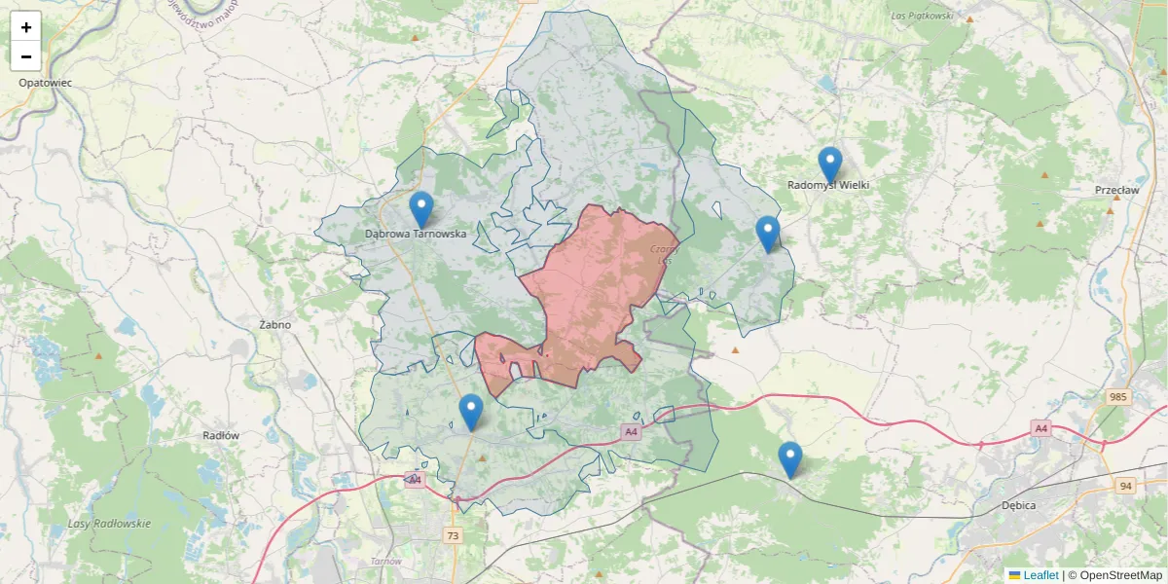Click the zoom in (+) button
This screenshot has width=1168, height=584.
click(26, 26)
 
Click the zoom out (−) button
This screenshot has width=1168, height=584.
click(26, 55)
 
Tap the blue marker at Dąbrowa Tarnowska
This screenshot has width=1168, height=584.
click(420, 208)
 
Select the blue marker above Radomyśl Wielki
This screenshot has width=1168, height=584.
click(829, 164)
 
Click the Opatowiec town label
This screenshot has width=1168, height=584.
click(45, 83)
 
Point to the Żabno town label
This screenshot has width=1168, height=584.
click(275, 325)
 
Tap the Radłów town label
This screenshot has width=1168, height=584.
click(221, 436)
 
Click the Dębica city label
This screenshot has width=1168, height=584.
click(1018, 506)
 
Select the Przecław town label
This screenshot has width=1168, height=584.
click(1116, 191)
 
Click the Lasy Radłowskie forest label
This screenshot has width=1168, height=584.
click(109, 524)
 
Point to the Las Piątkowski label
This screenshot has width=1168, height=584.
click(921, 17)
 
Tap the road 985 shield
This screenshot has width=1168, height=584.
click(1117, 397)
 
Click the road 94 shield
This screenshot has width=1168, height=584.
click(1126, 486)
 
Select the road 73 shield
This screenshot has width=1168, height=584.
click(453, 535)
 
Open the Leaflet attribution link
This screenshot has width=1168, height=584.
click(1040, 575)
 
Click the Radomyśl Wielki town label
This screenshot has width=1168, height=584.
click(828, 185)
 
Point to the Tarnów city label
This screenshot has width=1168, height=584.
click(386, 562)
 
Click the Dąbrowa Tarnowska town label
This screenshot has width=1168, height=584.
click(416, 234)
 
